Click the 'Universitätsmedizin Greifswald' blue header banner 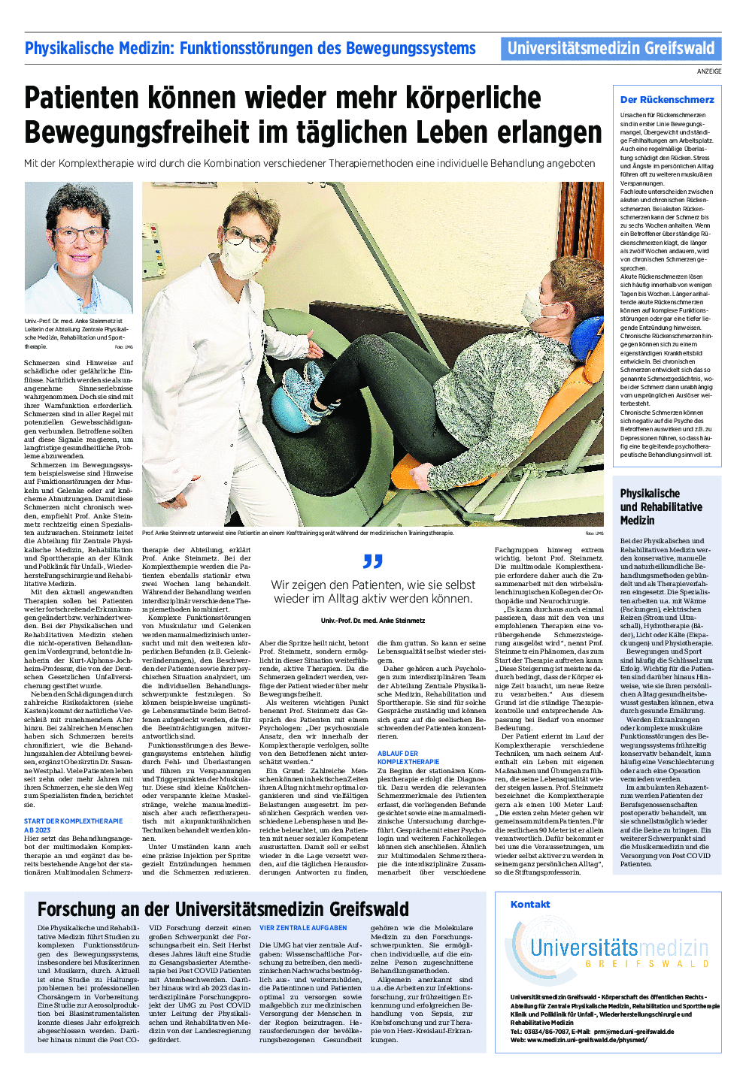coord(611,49)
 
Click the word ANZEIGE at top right coord(708,71)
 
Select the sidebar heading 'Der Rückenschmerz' coord(667,99)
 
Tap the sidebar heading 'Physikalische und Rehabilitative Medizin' coord(650,506)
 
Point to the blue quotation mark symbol coord(372,561)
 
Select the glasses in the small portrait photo coord(77,234)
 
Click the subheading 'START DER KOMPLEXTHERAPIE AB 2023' coord(73,825)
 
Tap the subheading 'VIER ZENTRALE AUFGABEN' coord(303,928)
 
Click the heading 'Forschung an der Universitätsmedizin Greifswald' coord(223,909)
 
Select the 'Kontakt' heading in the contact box coord(530,905)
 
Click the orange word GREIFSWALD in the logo coord(646,963)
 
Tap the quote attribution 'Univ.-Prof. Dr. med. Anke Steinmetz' coord(372,621)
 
